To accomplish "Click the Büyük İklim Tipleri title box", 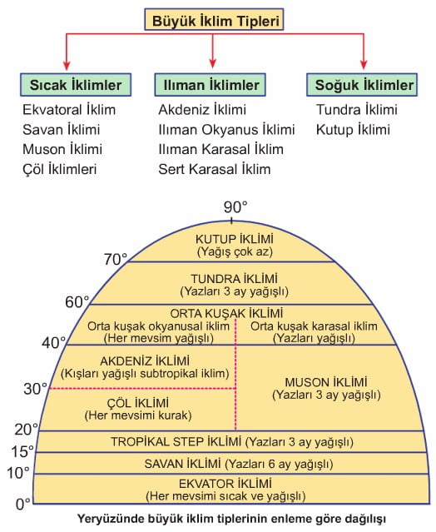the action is coord(214,20).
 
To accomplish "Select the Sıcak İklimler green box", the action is coord(76,84).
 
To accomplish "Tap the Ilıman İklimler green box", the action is coord(211,84).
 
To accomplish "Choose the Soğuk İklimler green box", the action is coord(362,84).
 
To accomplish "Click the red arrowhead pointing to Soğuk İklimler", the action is coord(364,64).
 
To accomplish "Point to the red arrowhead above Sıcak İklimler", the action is coord(67,64).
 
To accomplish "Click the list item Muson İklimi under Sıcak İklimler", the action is coord(62,149).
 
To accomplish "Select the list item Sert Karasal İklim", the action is coord(215,169).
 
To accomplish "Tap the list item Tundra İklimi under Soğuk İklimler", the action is coord(357,110).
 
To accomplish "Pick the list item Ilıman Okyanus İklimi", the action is coord(226,130).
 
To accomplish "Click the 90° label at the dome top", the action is coord(235,207).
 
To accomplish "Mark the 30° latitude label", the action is coord(35,389).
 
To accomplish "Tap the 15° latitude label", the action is coord(22,451).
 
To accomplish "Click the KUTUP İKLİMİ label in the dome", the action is coord(235,239).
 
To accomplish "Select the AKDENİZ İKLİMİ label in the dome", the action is coord(145,361).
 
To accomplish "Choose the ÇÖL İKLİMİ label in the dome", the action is coord(138,403).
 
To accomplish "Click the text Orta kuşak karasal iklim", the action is coord(314,326).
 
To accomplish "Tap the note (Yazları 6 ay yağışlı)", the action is coord(279,464).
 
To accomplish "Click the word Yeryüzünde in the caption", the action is coord(110,520).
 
